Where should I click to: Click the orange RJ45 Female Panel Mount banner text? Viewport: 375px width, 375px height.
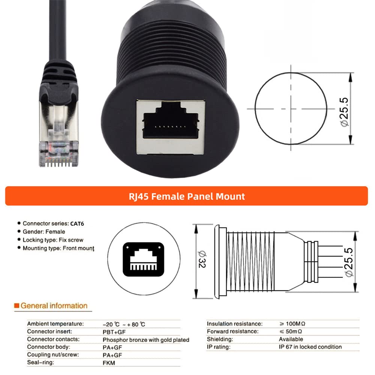pos(186,196)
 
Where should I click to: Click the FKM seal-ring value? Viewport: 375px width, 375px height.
pos(109,363)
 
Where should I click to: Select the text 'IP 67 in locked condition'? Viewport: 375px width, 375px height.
pos(307,347)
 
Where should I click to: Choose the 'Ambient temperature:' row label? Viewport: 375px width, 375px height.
pos(55,324)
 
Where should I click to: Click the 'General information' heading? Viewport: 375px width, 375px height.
pos(54,306)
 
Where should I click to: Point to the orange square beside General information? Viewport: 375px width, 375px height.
pos(16,306)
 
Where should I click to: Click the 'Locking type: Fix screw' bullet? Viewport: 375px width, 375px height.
pos(53,240)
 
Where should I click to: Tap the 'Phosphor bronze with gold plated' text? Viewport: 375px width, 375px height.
pos(146,340)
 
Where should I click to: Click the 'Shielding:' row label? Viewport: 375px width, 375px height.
pos(220,339)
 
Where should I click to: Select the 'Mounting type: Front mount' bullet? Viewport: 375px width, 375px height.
pos(58,248)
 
